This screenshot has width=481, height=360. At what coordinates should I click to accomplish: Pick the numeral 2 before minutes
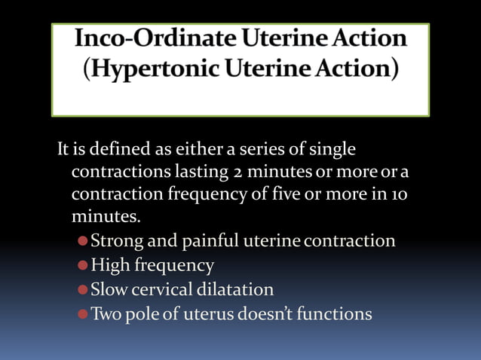(x=237, y=172)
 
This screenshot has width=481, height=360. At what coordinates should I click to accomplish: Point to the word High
(x=110, y=265)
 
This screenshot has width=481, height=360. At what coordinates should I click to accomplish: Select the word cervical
(x=161, y=289)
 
